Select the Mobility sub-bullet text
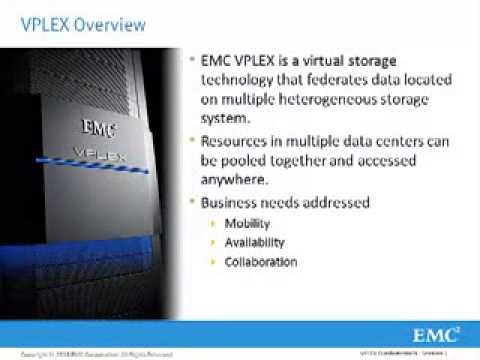(247, 223)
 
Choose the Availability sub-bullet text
(254, 242)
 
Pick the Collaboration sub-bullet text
(260, 262)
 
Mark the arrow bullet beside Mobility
(211, 223)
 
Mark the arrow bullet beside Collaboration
(211, 262)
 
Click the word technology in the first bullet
(244, 81)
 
